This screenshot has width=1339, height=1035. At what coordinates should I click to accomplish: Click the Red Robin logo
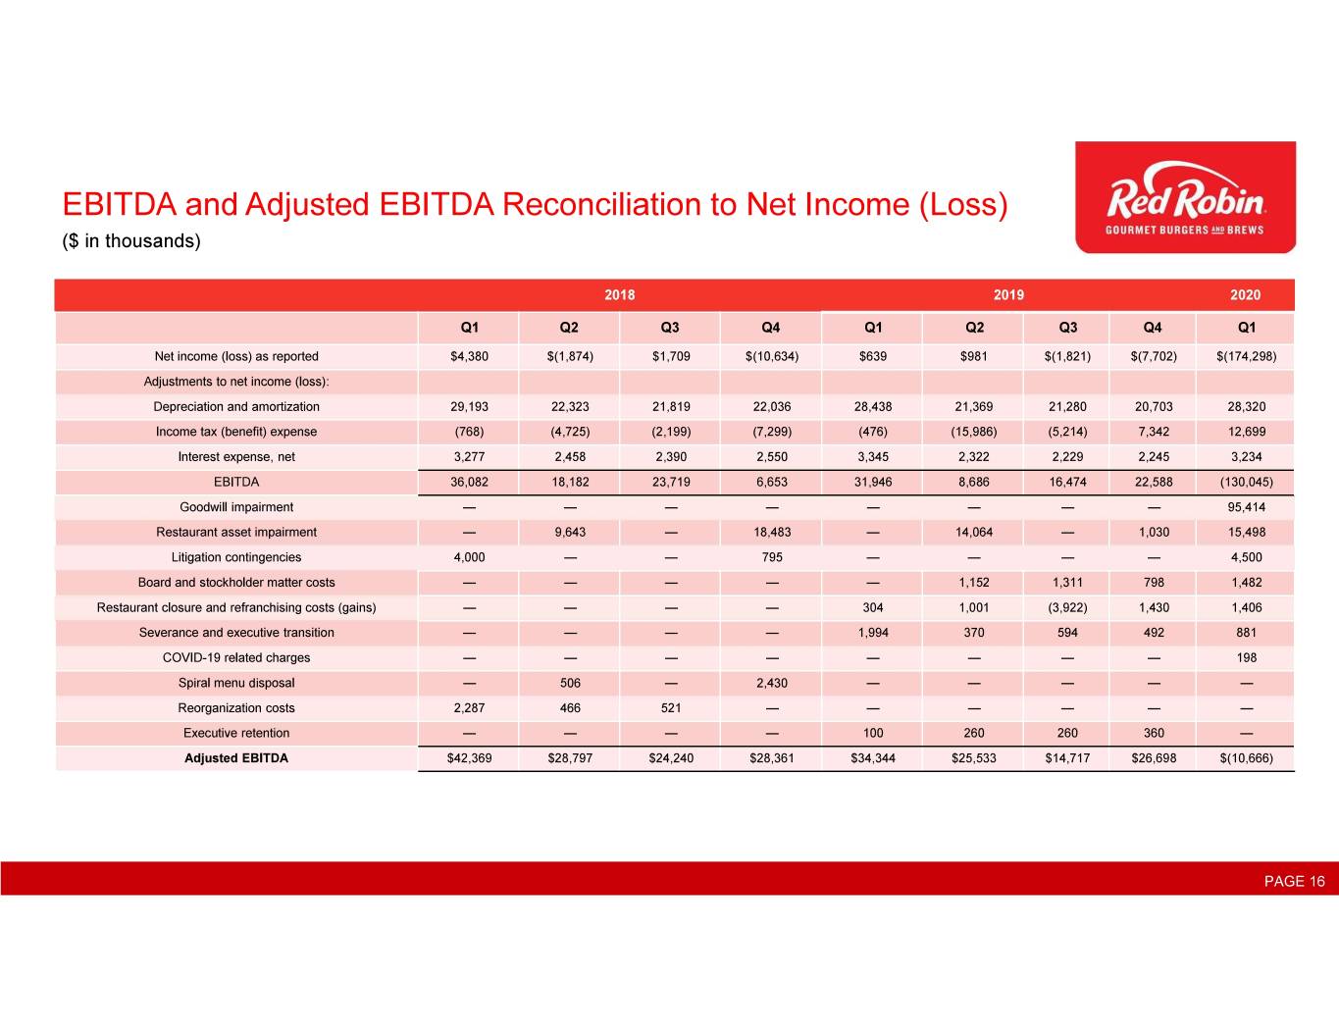(x=1185, y=197)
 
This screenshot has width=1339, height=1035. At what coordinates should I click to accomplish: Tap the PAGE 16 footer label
(x=1294, y=881)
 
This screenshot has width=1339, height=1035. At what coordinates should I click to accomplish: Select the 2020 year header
(x=1245, y=294)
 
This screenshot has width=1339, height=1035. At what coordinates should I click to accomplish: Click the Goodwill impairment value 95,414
(x=1246, y=507)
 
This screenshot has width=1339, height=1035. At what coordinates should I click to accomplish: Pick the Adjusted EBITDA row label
(x=236, y=757)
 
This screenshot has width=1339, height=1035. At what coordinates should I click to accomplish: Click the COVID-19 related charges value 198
(x=1246, y=657)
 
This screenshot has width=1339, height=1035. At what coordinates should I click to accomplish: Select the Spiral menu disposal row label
(x=236, y=683)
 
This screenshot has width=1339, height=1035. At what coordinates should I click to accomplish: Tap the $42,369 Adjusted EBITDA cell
(x=469, y=757)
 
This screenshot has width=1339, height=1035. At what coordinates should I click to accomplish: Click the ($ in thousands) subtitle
(x=131, y=241)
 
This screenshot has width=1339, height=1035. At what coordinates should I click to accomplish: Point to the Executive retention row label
(x=236, y=733)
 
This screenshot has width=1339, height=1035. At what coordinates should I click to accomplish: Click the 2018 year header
(x=619, y=294)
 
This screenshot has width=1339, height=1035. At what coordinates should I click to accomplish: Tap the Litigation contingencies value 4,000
(x=469, y=557)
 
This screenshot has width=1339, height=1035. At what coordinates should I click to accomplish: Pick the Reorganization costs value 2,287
(x=469, y=707)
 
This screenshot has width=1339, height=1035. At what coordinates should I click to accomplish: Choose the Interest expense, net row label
(x=236, y=456)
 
